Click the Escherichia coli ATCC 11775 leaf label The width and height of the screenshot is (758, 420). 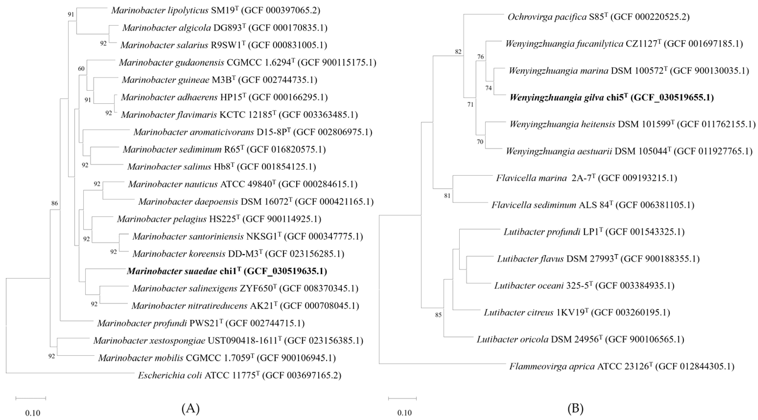(239, 375)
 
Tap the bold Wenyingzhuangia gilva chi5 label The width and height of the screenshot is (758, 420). (611, 97)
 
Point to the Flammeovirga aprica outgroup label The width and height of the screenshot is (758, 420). (622, 366)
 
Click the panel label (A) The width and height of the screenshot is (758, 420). (191, 408)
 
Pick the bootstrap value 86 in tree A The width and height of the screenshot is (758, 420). (55, 203)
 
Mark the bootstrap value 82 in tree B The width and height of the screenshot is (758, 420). (458, 52)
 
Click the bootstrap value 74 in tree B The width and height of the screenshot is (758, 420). (488, 88)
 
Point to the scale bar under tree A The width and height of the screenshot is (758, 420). (31, 398)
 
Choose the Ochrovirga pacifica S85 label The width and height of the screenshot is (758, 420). (598, 17)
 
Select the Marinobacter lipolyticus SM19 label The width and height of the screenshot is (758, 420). (216, 11)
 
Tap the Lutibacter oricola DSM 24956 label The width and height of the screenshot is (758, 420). (580, 339)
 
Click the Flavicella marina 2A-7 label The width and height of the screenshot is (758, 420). (586, 178)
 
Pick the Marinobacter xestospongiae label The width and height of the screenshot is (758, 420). (228, 341)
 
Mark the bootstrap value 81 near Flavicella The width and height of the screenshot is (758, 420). (447, 196)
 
